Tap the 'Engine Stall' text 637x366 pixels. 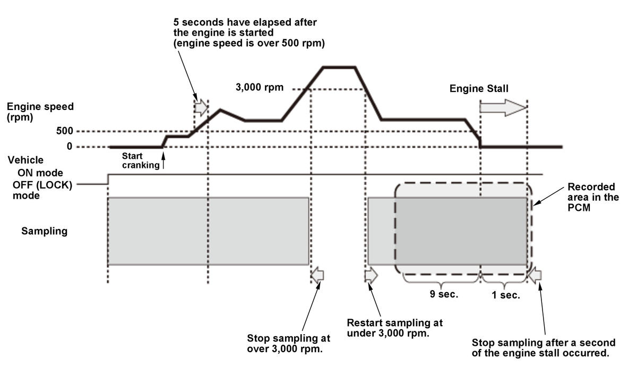tap(479, 88)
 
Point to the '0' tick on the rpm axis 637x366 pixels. tap(70, 147)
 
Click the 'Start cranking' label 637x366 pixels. tap(140, 160)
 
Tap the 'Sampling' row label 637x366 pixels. tap(45, 231)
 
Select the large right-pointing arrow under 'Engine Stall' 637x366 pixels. tap(503, 107)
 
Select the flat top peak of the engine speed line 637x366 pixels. tap(340, 67)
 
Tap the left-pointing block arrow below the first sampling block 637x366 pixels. tap(317, 275)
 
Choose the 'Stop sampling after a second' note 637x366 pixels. tap(544, 347)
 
